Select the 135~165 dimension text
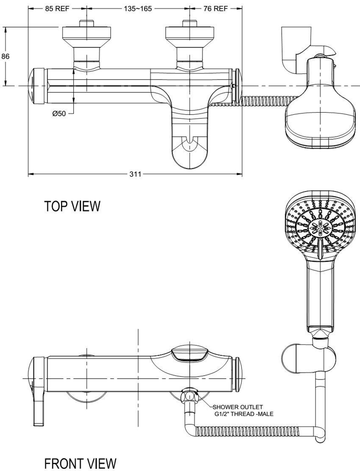click(138, 8)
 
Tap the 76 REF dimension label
click(215, 8)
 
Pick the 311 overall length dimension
click(136, 174)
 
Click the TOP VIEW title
click(72, 206)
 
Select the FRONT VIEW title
click(80, 463)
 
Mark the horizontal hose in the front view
click(250, 432)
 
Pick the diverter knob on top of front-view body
click(189, 353)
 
